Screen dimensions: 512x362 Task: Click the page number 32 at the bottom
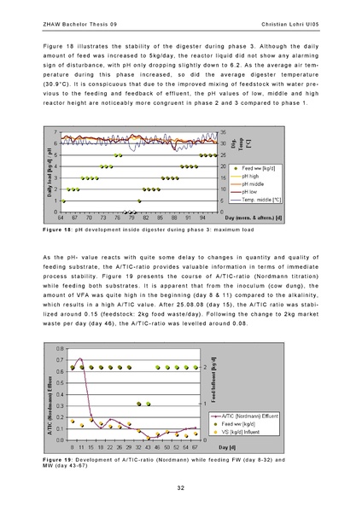(x=181, y=487)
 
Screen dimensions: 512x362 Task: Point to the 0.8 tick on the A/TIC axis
(x=58, y=348)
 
